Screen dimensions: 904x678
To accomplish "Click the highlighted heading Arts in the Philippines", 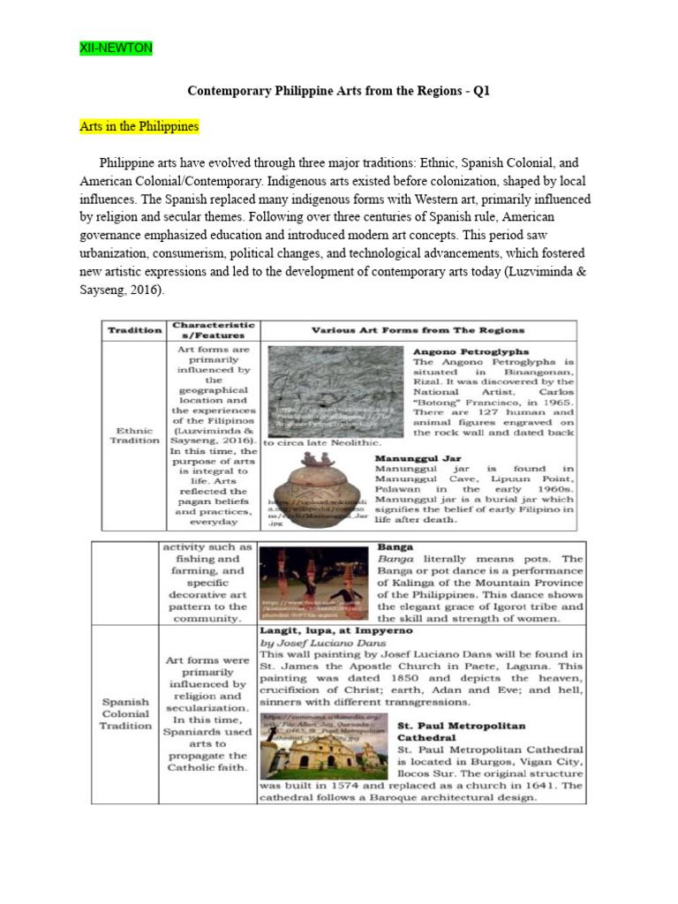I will point(139,126).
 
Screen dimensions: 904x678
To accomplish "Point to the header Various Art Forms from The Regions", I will point(418,330).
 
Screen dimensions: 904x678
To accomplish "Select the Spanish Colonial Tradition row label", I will point(125,713).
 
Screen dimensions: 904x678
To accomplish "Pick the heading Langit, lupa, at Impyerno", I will point(328,631).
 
